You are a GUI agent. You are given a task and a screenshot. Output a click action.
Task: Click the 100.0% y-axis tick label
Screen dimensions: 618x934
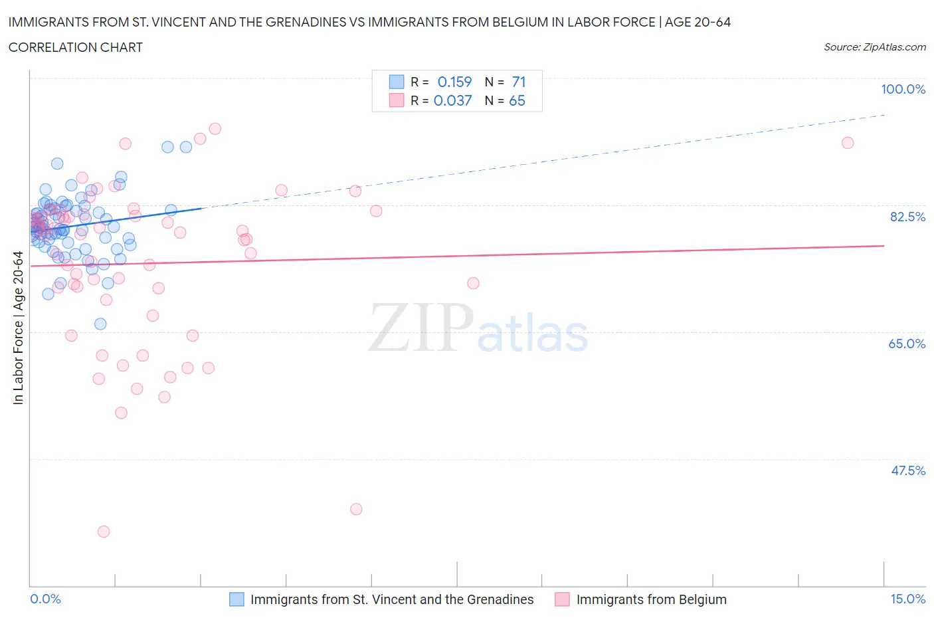[903, 89]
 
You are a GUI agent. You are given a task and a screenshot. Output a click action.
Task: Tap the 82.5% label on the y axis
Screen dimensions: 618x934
[907, 217]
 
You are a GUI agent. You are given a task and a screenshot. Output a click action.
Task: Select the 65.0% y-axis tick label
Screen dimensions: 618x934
[907, 344]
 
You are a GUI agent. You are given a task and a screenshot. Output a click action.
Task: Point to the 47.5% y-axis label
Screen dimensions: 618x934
[907, 470]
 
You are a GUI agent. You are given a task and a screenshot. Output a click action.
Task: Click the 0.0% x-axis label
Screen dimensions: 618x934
[45, 599]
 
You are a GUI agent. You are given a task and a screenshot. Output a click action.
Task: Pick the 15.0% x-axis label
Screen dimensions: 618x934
[907, 599]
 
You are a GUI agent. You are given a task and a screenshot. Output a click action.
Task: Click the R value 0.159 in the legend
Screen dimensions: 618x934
[454, 82]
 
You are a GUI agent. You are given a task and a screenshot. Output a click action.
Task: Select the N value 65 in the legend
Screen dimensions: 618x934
[517, 100]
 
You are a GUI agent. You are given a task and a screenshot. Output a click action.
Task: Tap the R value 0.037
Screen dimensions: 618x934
[452, 100]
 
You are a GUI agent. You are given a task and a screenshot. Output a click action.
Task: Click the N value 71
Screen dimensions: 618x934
[519, 82]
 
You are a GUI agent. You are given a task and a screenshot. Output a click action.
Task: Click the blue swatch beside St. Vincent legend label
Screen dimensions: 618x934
[236, 599]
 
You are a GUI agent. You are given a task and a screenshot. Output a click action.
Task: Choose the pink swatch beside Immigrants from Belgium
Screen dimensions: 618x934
[562, 599]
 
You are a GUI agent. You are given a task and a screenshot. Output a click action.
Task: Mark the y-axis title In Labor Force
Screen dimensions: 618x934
[18, 328]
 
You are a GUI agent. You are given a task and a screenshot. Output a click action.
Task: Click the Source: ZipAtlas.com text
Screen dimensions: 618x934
[874, 47]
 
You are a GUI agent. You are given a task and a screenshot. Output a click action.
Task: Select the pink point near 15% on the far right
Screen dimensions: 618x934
[847, 143]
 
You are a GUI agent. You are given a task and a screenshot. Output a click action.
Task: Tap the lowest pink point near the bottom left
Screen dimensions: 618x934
[104, 532]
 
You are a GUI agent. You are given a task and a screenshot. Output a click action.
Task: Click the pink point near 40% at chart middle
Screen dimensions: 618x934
[356, 509]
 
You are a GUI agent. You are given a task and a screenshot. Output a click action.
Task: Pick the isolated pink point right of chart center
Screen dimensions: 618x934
[473, 283]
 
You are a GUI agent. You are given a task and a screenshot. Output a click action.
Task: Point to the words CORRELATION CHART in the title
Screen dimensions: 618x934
[76, 47]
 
